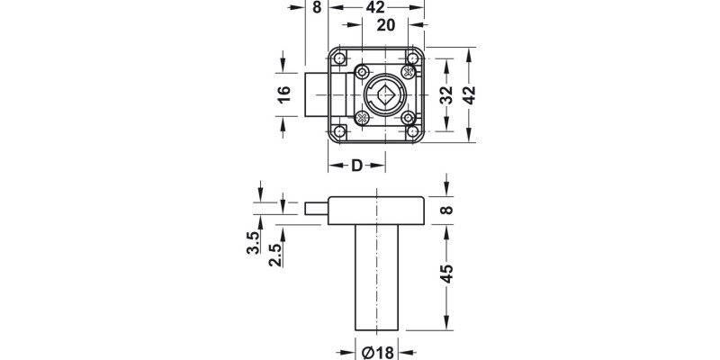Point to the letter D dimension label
(356, 166)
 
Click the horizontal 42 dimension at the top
(377, 7)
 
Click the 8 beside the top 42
(316, 7)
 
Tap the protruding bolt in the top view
(315, 94)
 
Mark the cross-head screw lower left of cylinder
(361, 116)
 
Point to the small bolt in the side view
(317, 209)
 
